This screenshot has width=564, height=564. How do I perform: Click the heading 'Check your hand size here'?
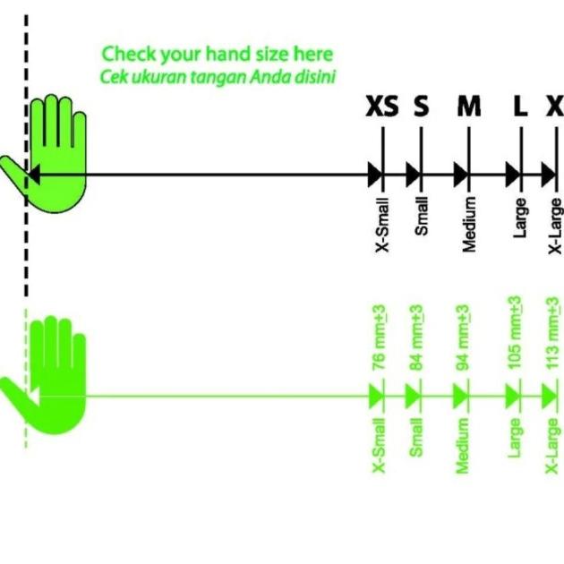[217, 55]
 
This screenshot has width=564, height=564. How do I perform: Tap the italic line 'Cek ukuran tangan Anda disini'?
[217, 76]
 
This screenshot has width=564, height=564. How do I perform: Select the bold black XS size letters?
[383, 107]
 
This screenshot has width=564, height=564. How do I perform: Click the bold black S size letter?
[421, 107]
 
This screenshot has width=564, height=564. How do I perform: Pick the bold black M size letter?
[468, 107]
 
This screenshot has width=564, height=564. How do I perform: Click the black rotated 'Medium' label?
[468, 223]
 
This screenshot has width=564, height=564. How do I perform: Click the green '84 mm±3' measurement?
[416, 338]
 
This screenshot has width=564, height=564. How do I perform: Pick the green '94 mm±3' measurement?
[464, 338]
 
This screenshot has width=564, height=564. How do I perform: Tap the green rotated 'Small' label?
[416, 438]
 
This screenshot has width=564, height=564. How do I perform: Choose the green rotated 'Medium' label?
[464, 446]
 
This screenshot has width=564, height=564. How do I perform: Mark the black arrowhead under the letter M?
[461, 173]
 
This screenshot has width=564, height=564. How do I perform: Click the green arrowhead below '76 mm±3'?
[376, 394]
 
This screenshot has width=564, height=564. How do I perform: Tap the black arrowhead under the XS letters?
[375, 173]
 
